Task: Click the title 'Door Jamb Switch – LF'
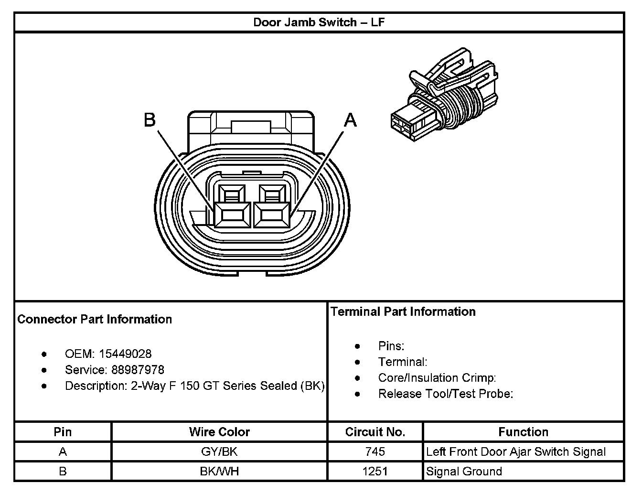(x=319, y=22)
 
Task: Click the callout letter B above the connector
(x=150, y=120)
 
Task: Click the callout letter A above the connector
(x=351, y=120)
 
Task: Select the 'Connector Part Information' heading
(x=95, y=319)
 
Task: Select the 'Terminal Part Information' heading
(x=403, y=311)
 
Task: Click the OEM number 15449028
(x=125, y=354)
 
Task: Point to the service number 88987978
(x=138, y=370)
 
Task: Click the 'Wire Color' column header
(x=219, y=432)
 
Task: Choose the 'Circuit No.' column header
(x=375, y=432)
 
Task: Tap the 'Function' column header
(x=523, y=432)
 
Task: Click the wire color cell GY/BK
(x=219, y=451)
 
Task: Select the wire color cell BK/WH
(x=219, y=472)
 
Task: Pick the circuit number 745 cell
(x=375, y=451)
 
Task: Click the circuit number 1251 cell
(x=375, y=472)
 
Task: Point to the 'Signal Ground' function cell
(x=464, y=472)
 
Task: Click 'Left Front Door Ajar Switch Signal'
(x=516, y=451)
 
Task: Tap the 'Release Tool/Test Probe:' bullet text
(x=445, y=394)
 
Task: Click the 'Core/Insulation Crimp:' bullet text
(x=437, y=378)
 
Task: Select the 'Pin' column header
(x=63, y=432)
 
